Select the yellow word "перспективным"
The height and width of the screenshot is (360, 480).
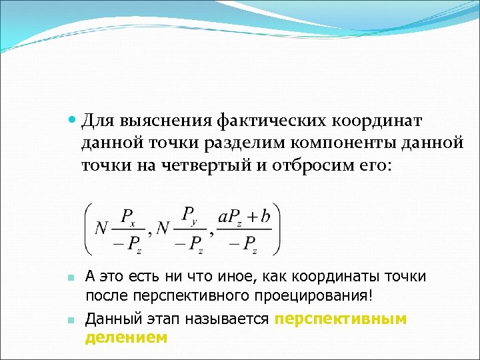point(340,319)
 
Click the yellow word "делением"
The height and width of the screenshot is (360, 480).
point(126,338)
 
